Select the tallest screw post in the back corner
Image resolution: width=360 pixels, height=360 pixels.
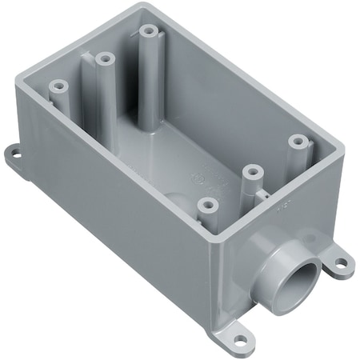tap(148, 31)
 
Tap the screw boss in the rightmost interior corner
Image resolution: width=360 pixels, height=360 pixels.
tap(298, 141)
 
